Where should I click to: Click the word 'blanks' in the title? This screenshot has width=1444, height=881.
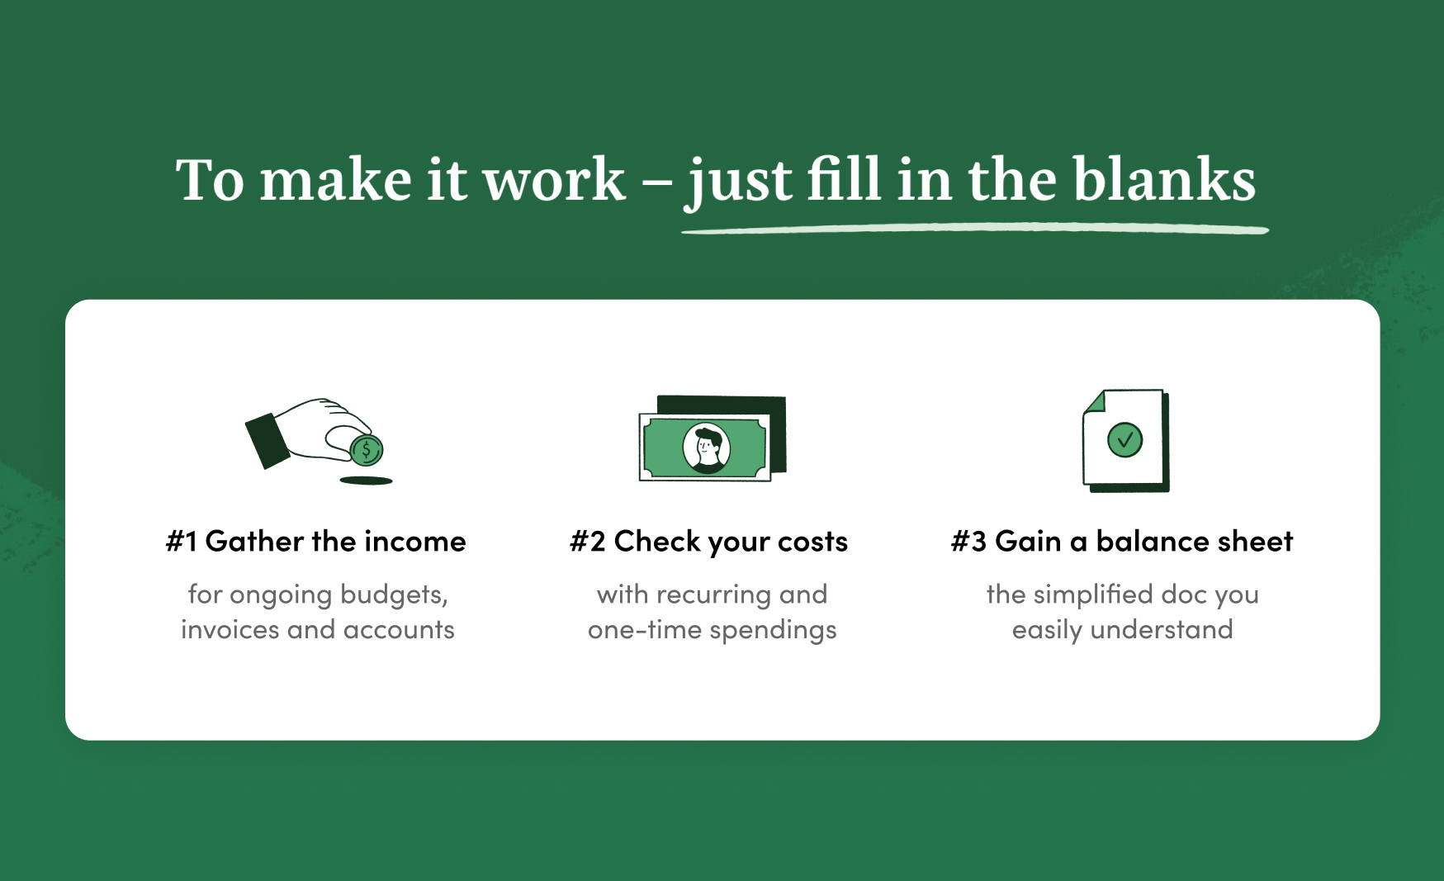[x=1164, y=179]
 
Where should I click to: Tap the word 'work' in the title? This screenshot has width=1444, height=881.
[x=553, y=179]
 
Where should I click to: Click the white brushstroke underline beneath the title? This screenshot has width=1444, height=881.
[x=974, y=229]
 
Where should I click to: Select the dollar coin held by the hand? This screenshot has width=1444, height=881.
[x=367, y=450]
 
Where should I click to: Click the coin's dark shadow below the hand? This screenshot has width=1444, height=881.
[x=367, y=480]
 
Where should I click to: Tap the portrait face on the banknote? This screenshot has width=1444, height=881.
[x=707, y=448]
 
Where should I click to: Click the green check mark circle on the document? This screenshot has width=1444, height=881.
[x=1124, y=440]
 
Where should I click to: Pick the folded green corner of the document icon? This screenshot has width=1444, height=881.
[x=1093, y=402]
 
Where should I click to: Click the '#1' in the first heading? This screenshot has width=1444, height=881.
[x=182, y=542]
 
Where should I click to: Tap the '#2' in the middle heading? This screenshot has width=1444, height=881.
[x=588, y=542]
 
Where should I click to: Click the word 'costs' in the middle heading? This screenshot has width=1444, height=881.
[x=812, y=542]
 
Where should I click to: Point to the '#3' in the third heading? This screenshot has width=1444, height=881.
[x=969, y=542]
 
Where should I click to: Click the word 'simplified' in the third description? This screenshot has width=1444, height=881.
[x=1093, y=594]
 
